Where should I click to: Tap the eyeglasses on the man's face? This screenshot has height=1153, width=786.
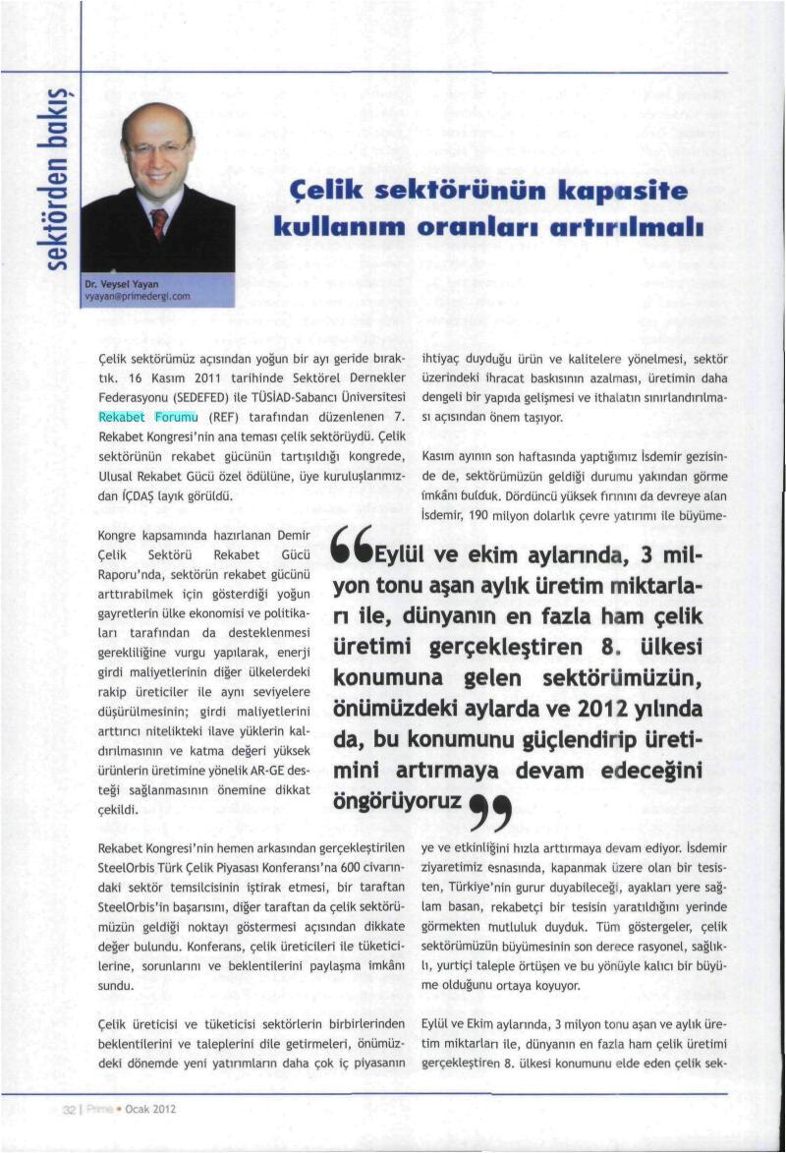[157, 147]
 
